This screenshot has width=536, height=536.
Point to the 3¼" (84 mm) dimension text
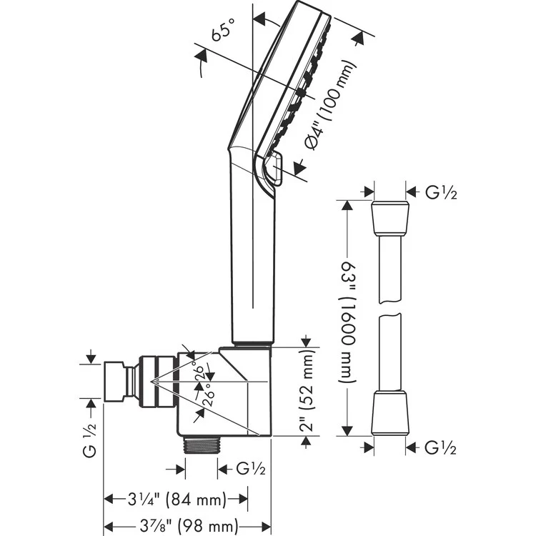177,498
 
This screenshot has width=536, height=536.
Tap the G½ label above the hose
440,192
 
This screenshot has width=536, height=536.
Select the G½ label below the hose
440,448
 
